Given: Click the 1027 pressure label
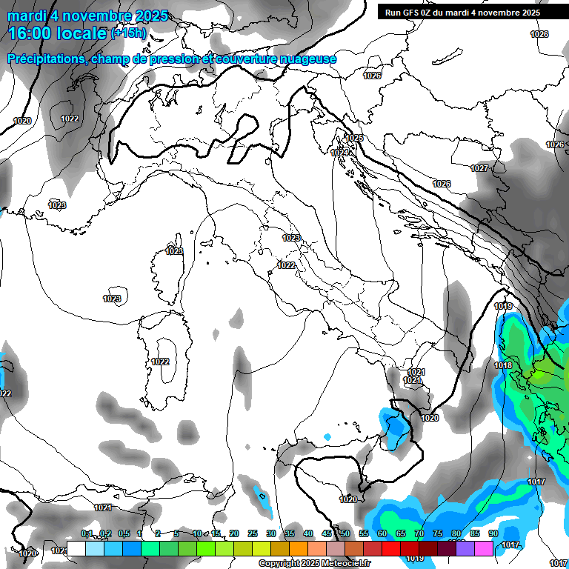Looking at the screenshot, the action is [x=479, y=168].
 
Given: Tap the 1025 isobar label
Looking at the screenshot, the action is [x=355, y=138].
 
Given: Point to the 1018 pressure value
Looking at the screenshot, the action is [x=503, y=365].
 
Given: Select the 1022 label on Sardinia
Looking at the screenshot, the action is [x=160, y=362].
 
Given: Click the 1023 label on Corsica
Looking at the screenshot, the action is [x=174, y=251].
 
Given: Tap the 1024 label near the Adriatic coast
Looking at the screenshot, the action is [x=340, y=153].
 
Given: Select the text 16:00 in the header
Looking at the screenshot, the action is [x=30, y=33].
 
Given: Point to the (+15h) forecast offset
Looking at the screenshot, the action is [x=129, y=33].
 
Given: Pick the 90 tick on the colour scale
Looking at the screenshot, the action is [x=493, y=533].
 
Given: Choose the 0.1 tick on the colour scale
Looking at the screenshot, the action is [x=87, y=533].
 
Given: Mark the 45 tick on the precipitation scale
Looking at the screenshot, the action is [x=327, y=533].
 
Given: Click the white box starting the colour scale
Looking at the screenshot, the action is [x=76, y=548].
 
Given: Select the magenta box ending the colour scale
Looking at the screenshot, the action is [x=484, y=548].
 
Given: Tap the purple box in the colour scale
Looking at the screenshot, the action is [x=465, y=548].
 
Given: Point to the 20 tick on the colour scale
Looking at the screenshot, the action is [x=234, y=533].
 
